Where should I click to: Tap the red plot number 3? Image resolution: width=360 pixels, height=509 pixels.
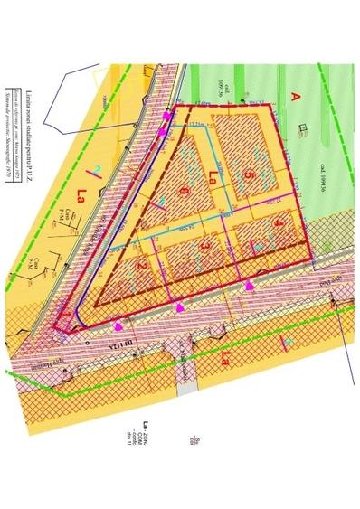[x=206, y=245]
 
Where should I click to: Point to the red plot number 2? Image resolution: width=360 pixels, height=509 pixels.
[x=144, y=264]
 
